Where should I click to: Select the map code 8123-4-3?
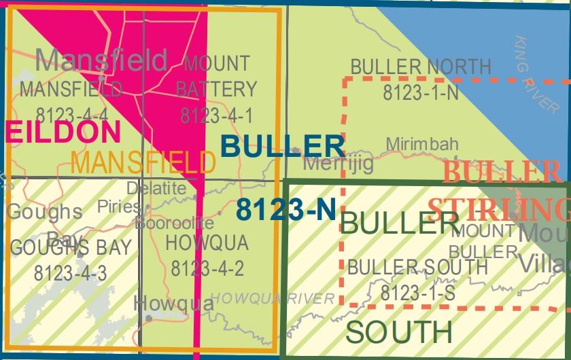[70, 273]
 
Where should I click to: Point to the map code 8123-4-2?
[207, 268]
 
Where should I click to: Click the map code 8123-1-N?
[421, 93]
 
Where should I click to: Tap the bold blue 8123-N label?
[286, 210]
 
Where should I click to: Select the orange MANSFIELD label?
[143, 162]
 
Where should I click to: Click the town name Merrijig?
[338, 164]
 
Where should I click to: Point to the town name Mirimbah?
[422, 144]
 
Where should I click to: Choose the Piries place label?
[118, 206]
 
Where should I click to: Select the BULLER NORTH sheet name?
[420, 67]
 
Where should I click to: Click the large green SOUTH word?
[398, 331]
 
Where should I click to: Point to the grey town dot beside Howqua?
[149, 317]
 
